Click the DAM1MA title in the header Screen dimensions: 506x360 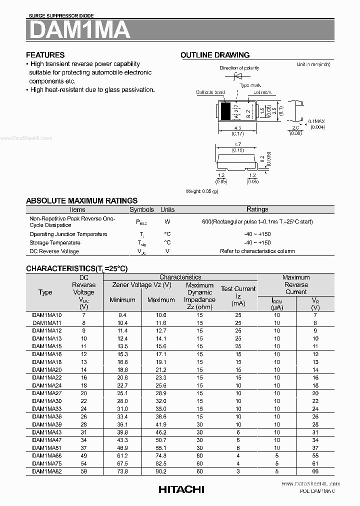click(79, 30)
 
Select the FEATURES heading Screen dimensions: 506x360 click(45, 55)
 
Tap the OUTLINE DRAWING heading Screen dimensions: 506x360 click(215, 55)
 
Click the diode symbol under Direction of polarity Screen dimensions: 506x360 click(239, 76)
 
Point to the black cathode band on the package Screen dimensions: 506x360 click(226, 110)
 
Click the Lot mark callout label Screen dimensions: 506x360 click(262, 92)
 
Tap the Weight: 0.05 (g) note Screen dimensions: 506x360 click(202, 191)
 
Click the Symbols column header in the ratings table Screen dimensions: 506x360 click(141, 209)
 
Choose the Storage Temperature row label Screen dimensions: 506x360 click(54, 242)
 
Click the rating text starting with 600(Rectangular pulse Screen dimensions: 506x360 click(257, 221)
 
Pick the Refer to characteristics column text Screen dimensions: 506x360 click(257, 251)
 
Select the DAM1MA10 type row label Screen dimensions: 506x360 click(47, 315)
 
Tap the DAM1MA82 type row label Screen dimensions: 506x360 click(47, 471)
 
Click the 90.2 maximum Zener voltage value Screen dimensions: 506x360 click(160, 471)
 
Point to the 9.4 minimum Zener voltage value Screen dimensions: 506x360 click(122, 315)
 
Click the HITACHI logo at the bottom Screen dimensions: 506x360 click(181, 489)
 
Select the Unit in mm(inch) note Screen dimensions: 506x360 click(313, 64)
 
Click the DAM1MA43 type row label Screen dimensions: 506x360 click(47, 432)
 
